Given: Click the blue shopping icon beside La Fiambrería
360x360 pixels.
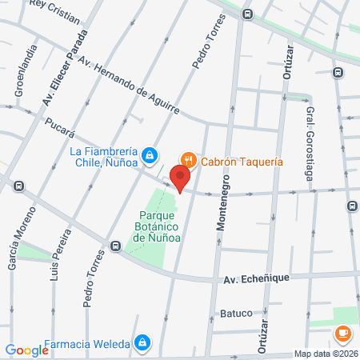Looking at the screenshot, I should pos(149,155).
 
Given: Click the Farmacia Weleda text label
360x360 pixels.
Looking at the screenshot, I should pos(89,344).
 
